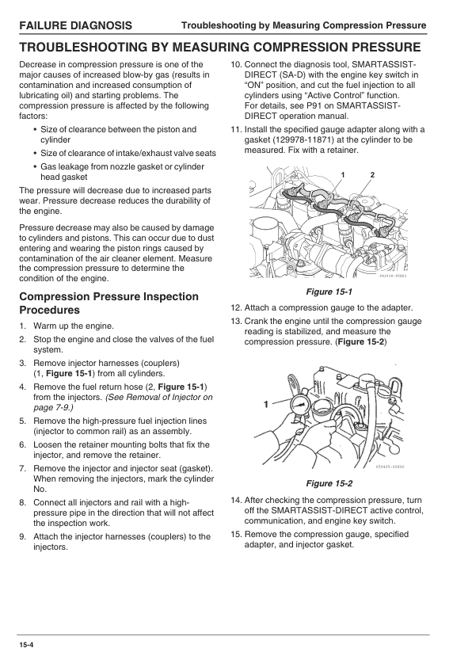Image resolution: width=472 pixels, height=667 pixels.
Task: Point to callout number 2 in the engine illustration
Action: (372, 173)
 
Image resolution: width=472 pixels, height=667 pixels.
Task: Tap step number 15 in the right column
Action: (236, 535)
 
